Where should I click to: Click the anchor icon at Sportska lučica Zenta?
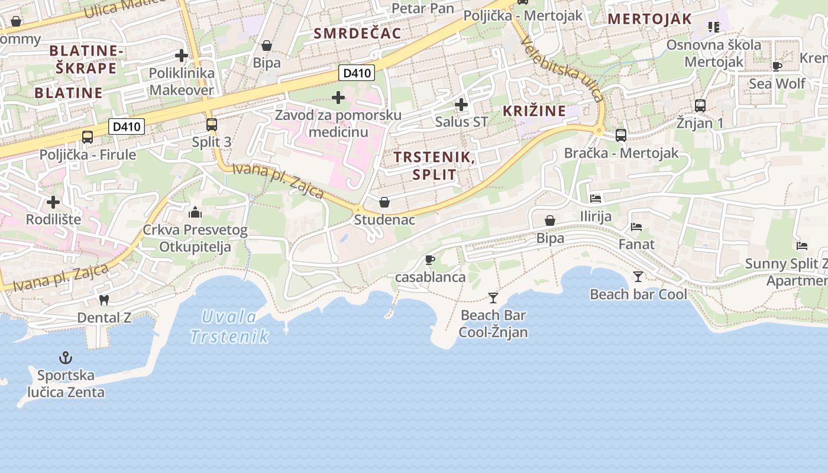point(66,358)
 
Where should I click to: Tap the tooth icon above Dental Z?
point(104,300)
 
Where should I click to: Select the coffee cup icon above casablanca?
point(430,260)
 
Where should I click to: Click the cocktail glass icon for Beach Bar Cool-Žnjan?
point(493,297)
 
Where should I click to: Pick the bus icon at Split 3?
point(211,125)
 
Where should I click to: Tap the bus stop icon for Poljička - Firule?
point(88,137)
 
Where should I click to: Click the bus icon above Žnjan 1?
point(700,106)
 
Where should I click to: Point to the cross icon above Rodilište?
point(53,202)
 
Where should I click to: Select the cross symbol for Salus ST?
point(461,105)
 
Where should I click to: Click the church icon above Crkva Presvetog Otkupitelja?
point(195,212)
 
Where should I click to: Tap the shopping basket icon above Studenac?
point(384,203)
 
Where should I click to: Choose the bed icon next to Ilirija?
point(596,199)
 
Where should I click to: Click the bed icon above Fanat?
point(636,226)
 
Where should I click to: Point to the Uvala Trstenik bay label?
point(229,326)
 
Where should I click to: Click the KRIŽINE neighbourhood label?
point(534,111)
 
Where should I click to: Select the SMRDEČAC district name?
point(357,33)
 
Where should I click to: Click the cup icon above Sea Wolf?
point(777,66)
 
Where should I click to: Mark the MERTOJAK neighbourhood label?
point(649,19)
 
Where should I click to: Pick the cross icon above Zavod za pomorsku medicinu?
point(338,98)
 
